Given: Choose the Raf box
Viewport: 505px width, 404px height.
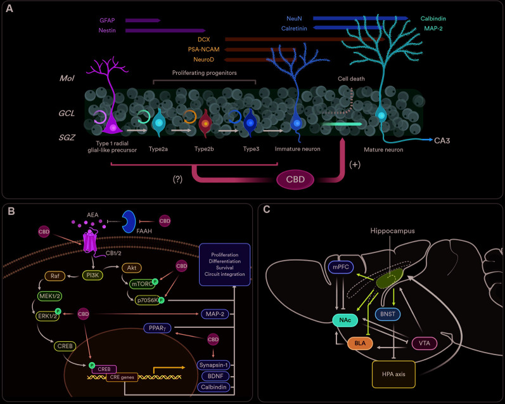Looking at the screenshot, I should pos(52,277).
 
